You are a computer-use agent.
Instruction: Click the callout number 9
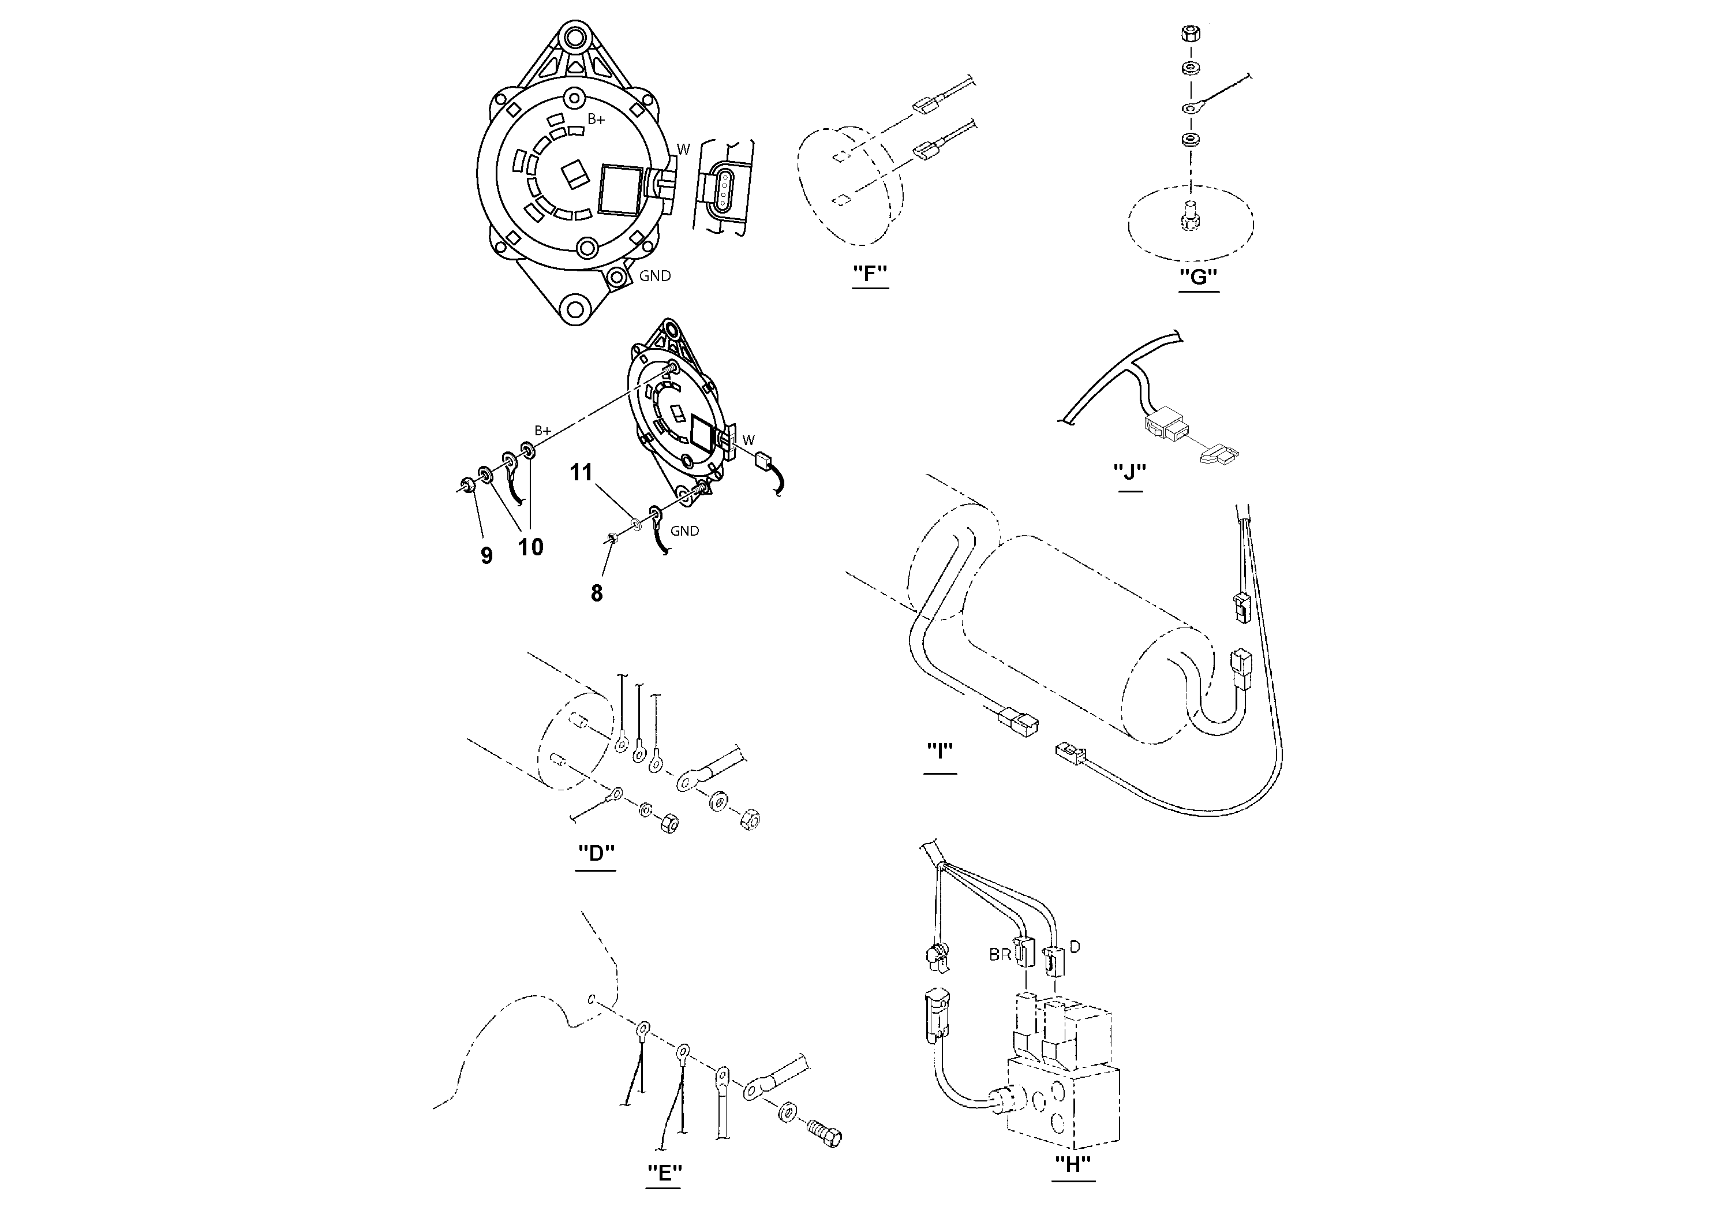(x=486, y=555)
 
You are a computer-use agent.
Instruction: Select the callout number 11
(x=581, y=472)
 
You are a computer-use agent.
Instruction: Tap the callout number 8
(x=596, y=593)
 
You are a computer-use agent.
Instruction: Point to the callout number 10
(x=530, y=547)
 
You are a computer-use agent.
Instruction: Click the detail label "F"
(x=870, y=275)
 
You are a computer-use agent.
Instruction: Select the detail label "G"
(x=1198, y=277)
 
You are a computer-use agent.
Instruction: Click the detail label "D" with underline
(x=596, y=853)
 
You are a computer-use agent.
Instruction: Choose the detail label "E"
(x=664, y=1171)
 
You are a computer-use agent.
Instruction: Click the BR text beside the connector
(x=1000, y=955)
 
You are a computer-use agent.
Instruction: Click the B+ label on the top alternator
(x=596, y=119)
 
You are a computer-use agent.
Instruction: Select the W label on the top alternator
(x=683, y=150)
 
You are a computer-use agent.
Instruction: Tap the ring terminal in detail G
(x=1189, y=109)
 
